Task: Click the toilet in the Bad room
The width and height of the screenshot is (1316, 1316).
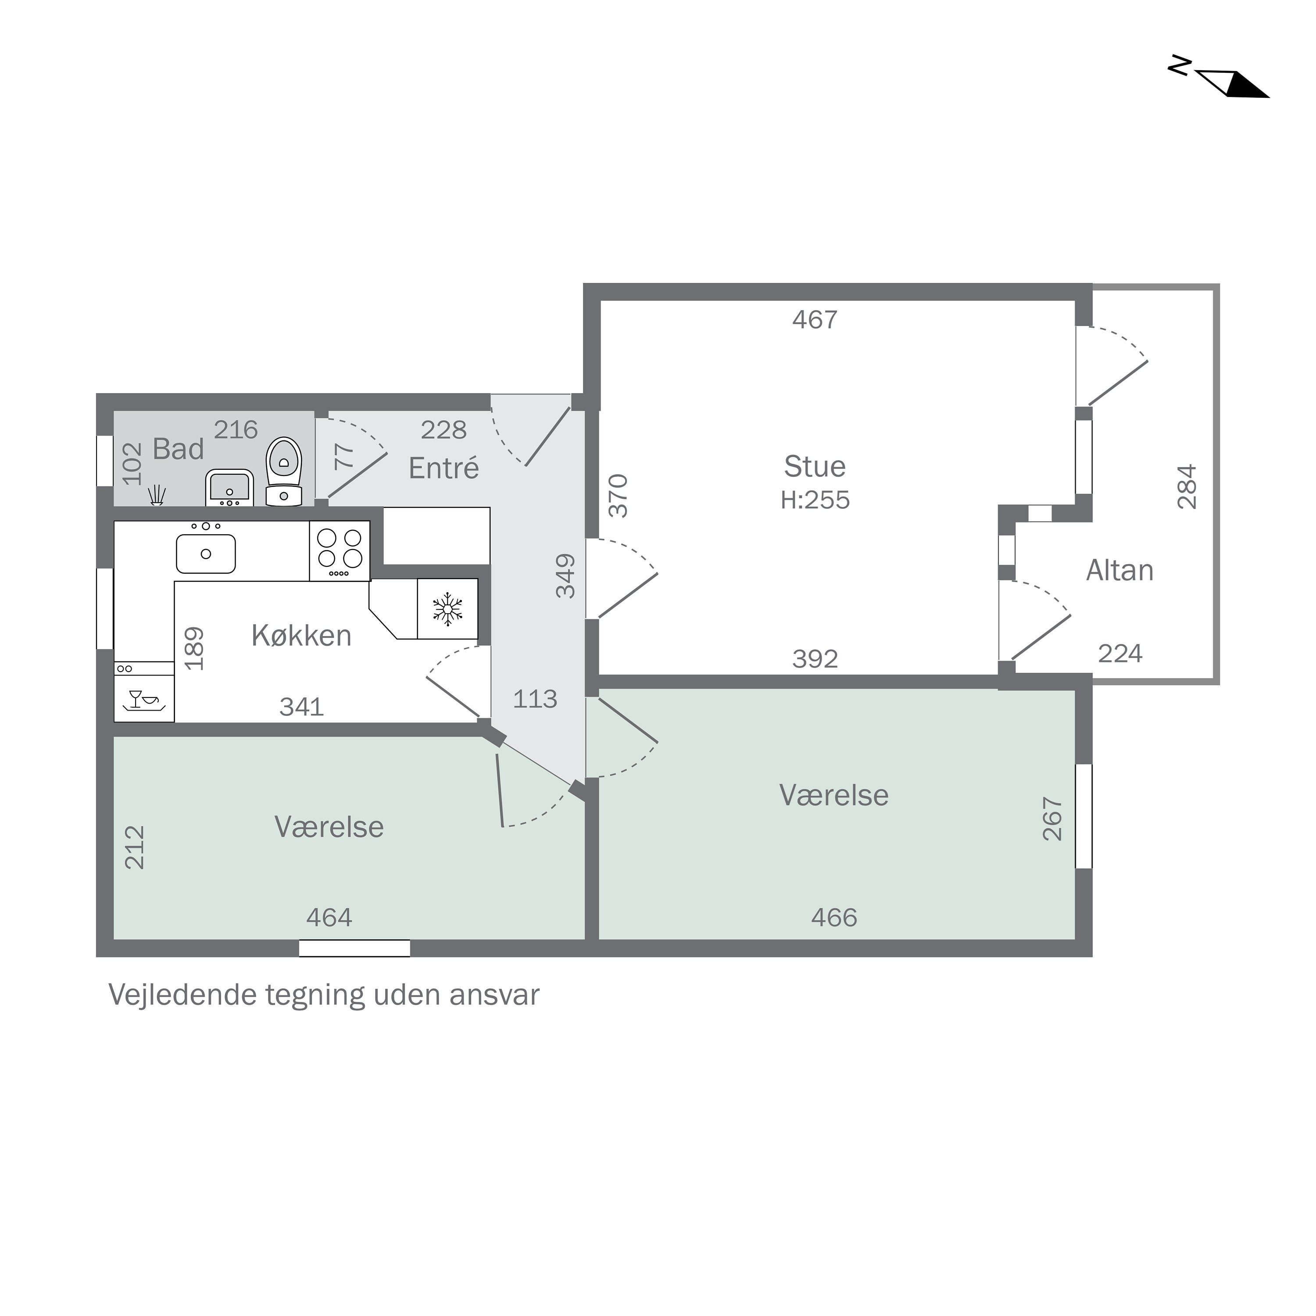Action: [283, 472]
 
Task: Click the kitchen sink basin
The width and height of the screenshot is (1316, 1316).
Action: [206, 554]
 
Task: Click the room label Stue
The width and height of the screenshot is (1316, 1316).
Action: [815, 467]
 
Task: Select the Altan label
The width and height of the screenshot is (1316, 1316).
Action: [1120, 570]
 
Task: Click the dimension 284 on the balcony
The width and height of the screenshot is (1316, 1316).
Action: [1187, 486]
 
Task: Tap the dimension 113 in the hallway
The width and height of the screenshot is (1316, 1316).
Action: [535, 699]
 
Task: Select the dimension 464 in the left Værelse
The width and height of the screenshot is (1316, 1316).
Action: [329, 918]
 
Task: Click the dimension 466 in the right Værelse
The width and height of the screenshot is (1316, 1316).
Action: [834, 918]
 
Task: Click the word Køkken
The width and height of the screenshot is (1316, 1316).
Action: [301, 636]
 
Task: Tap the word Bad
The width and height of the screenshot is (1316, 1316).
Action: [178, 449]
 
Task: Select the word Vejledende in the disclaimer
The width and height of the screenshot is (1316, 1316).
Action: [182, 994]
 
